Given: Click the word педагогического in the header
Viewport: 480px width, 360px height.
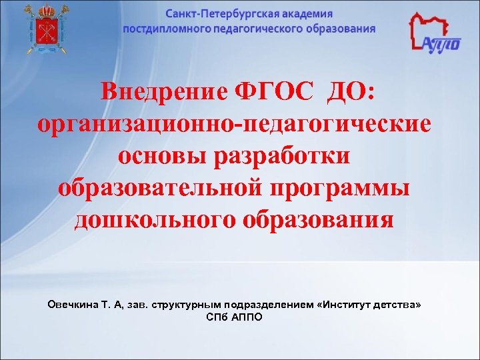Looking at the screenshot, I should (x=263, y=29).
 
